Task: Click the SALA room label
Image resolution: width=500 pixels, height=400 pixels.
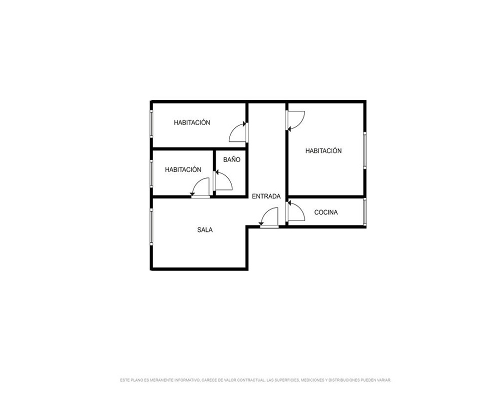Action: pyautogui.click(x=204, y=229)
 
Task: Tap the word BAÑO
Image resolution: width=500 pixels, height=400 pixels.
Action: pyautogui.click(x=232, y=159)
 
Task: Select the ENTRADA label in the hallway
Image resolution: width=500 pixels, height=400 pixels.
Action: pyautogui.click(x=266, y=196)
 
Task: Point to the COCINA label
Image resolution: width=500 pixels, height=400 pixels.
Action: pyautogui.click(x=326, y=212)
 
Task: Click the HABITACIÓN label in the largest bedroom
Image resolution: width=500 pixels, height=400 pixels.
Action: pyautogui.click(x=323, y=151)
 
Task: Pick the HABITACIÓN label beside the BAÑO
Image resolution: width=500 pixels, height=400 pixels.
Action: pyautogui.click(x=183, y=169)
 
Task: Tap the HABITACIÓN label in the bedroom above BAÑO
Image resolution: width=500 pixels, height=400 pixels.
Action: pyautogui.click(x=192, y=122)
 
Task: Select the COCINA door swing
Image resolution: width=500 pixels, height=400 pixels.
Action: pyautogui.click(x=295, y=210)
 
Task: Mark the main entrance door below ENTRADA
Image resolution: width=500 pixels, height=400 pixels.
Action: pyautogui.click(x=269, y=217)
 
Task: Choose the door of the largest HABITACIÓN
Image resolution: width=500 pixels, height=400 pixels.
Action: pyautogui.click(x=295, y=120)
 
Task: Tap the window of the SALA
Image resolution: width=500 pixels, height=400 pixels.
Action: pyautogui.click(x=151, y=227)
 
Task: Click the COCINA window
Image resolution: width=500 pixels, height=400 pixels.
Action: pyautogui.click(x=365, y=212)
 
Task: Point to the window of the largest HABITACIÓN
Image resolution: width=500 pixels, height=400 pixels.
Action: pyautogui.click(x=365, y=150)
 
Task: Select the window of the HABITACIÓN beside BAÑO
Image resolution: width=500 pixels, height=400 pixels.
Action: pyautogui.click(x=151, y=173)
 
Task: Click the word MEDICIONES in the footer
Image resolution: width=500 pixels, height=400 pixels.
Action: pyautogui.click(x=313, y=380)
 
